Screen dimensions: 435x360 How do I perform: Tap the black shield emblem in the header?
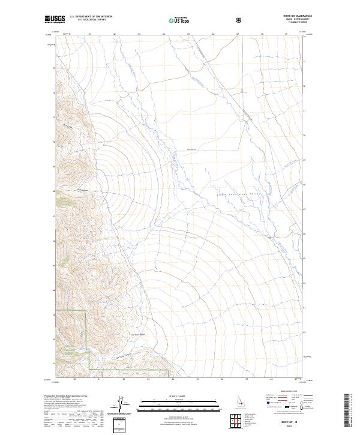(240, 20)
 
